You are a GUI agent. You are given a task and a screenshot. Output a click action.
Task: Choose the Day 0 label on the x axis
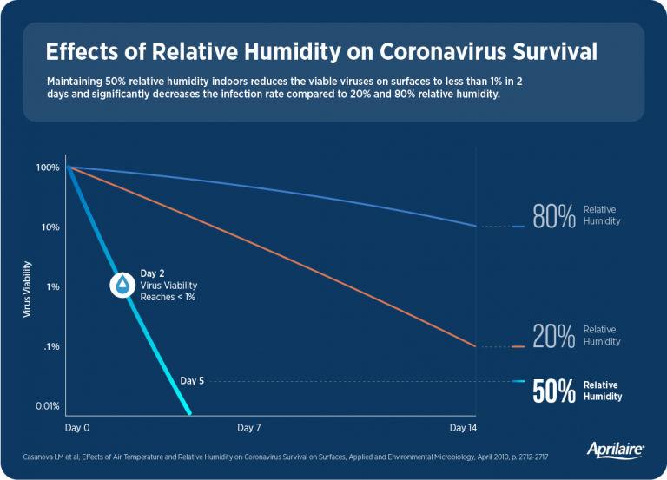tap(77, 429)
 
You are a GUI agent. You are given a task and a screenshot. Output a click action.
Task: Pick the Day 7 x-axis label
tap(249, 429)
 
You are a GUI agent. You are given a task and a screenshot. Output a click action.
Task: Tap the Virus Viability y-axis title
tap(29, 286)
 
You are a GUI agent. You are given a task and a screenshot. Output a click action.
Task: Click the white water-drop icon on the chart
tap(122, 285)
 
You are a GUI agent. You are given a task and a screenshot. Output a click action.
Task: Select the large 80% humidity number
tap(554, 216)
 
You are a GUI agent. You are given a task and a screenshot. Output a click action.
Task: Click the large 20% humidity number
tap(554, 336)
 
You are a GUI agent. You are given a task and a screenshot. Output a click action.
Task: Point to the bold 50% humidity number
tap(554, 391)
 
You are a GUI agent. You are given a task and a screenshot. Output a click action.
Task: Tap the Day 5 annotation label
tap(193, 380)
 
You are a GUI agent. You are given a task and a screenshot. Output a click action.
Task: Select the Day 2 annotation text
tap(153, 273)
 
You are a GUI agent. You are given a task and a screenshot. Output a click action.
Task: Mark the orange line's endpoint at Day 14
tap(476, 346)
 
